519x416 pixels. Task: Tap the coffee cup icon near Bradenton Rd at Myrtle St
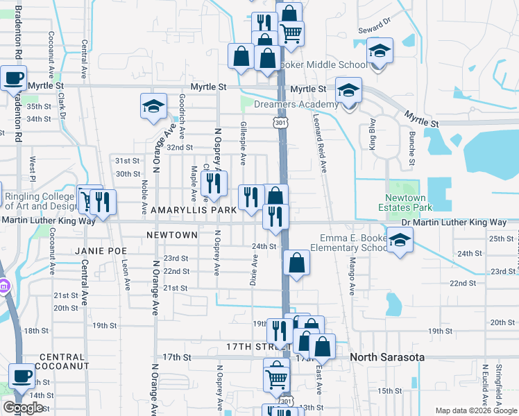click(x=15, y=77)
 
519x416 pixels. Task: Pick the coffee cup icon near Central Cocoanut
click(x=22, y=375)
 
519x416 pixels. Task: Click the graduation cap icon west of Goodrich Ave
click(x=153, y=106)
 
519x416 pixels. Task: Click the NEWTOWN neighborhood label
click(x=172, y=235)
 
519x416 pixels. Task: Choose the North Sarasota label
click(x=387, y=357)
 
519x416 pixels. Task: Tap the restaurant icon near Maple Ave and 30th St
click(x=213, y=182)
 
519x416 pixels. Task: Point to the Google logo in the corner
click(x=23, y=408)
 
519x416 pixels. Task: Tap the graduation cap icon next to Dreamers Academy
click(x=348, y=89)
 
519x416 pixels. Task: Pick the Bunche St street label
click(x=411, y=149)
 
